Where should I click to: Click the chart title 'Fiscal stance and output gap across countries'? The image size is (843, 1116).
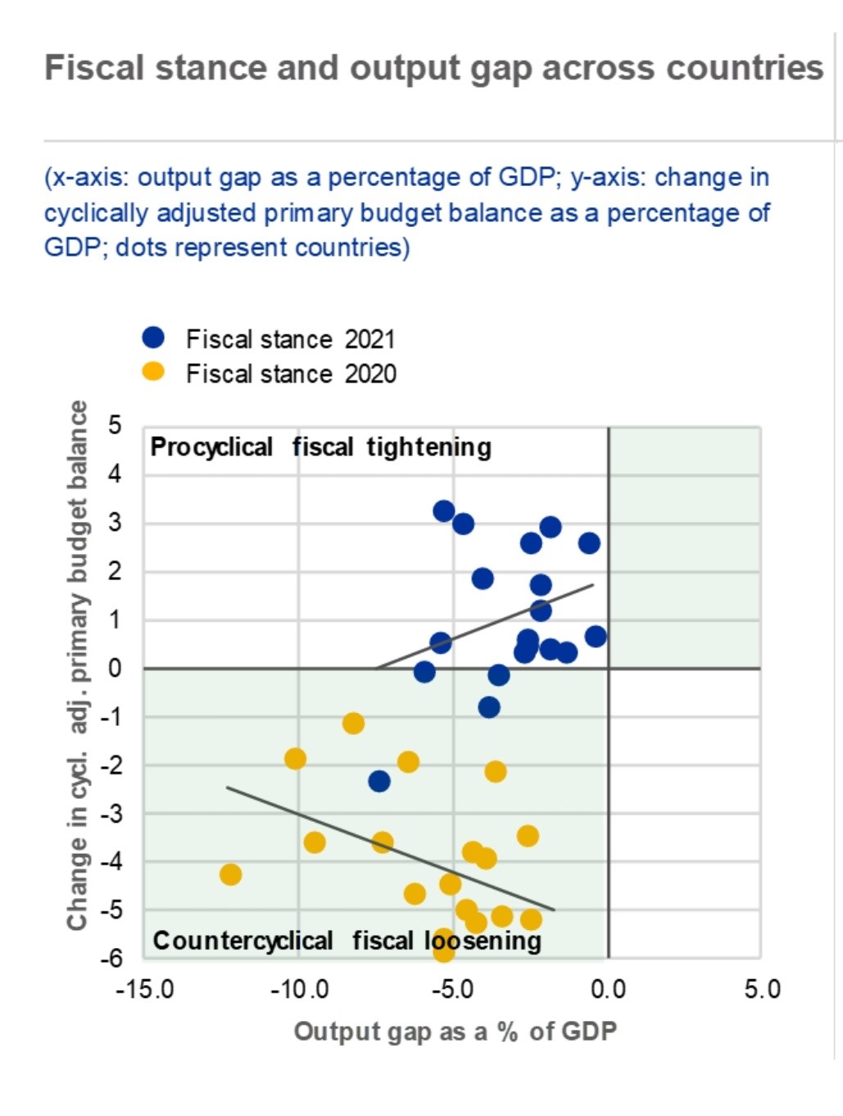point(433,68)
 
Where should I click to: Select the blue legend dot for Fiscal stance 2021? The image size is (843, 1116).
point(153,338)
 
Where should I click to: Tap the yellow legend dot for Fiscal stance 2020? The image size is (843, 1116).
point(153,372)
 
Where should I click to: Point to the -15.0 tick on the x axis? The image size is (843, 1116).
point(145,989)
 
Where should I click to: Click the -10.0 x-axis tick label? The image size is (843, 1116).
point(299,989)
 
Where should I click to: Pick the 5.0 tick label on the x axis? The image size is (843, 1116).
point(762,989)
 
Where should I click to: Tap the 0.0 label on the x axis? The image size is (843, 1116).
point(608,989)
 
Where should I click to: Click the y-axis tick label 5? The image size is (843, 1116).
point(115,425)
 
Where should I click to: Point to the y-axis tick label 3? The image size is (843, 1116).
point(115,522)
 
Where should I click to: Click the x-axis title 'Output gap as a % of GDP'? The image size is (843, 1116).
point(455,1031)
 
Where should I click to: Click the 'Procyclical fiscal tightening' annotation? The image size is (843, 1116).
point(320,447)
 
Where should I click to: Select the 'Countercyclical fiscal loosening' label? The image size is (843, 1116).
point(347,941)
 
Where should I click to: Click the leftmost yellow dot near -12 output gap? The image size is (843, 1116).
point(230,874)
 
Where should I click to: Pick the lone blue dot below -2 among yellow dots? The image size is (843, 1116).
point(378,781)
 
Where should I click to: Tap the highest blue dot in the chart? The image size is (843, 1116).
point(444,511)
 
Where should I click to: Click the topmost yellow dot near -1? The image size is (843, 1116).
point(353,724)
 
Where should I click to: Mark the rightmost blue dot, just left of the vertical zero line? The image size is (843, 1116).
point(596,636)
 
